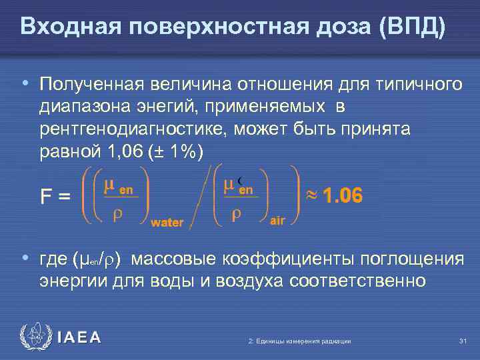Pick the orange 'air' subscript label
coord(277,221)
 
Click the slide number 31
coord(463,341)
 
